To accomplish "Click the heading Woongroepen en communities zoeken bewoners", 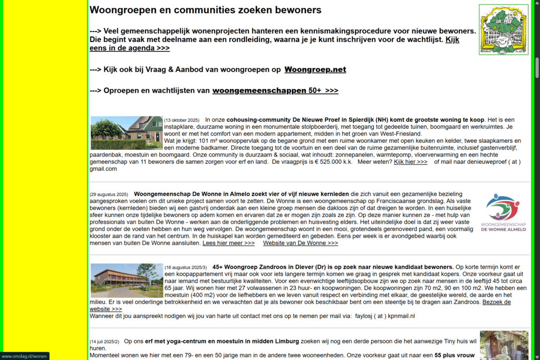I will (x=205, y=10).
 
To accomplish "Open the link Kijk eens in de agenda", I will (x=130, y=48).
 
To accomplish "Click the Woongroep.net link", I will (x=315, y=70).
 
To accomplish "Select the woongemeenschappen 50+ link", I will (x=275, y=91).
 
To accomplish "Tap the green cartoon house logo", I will (x=503, y=29).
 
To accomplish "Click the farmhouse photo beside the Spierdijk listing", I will (x=127, y=133).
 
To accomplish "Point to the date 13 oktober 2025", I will (x=181, y=120).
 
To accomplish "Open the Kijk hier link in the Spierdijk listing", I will (x=410, y=162).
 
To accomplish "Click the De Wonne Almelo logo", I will (x=503, y=212).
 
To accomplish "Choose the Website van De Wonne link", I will (x=300, y=243).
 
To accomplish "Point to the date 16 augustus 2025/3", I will (x=185, y=267).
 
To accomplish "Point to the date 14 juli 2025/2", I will (x=104, y=342).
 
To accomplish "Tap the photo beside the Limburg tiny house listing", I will (x=504, y=345).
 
